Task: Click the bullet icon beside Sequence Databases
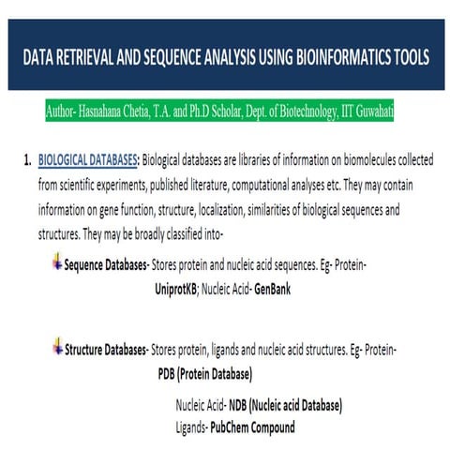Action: (x=57, y=263)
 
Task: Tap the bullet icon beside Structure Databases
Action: (x=57, y=348)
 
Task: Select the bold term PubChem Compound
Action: (x=252, y=427)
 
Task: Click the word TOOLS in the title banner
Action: (x=409, y=57)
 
